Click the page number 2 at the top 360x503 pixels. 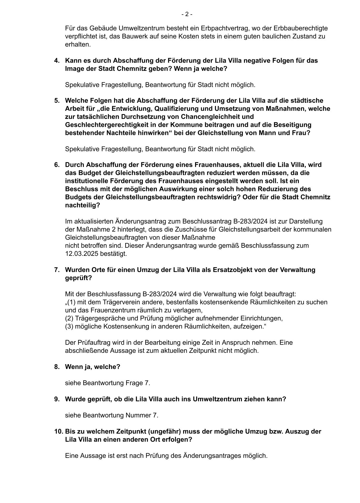(187, 14)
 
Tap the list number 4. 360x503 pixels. (56, 61)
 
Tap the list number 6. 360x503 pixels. (56, 165)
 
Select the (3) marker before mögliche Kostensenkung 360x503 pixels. (69, 326)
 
